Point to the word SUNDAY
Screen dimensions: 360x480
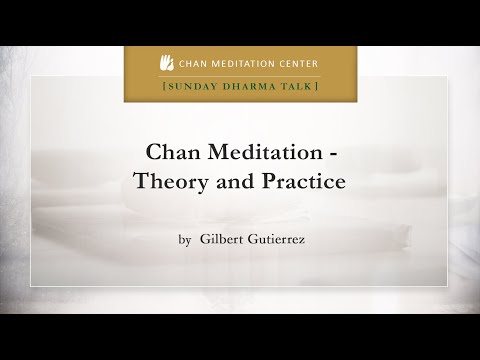coord(186,87)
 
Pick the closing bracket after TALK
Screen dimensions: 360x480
coord(317,87)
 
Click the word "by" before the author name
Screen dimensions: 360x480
coord(185,240)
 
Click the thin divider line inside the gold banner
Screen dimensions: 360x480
coord(240,76)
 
